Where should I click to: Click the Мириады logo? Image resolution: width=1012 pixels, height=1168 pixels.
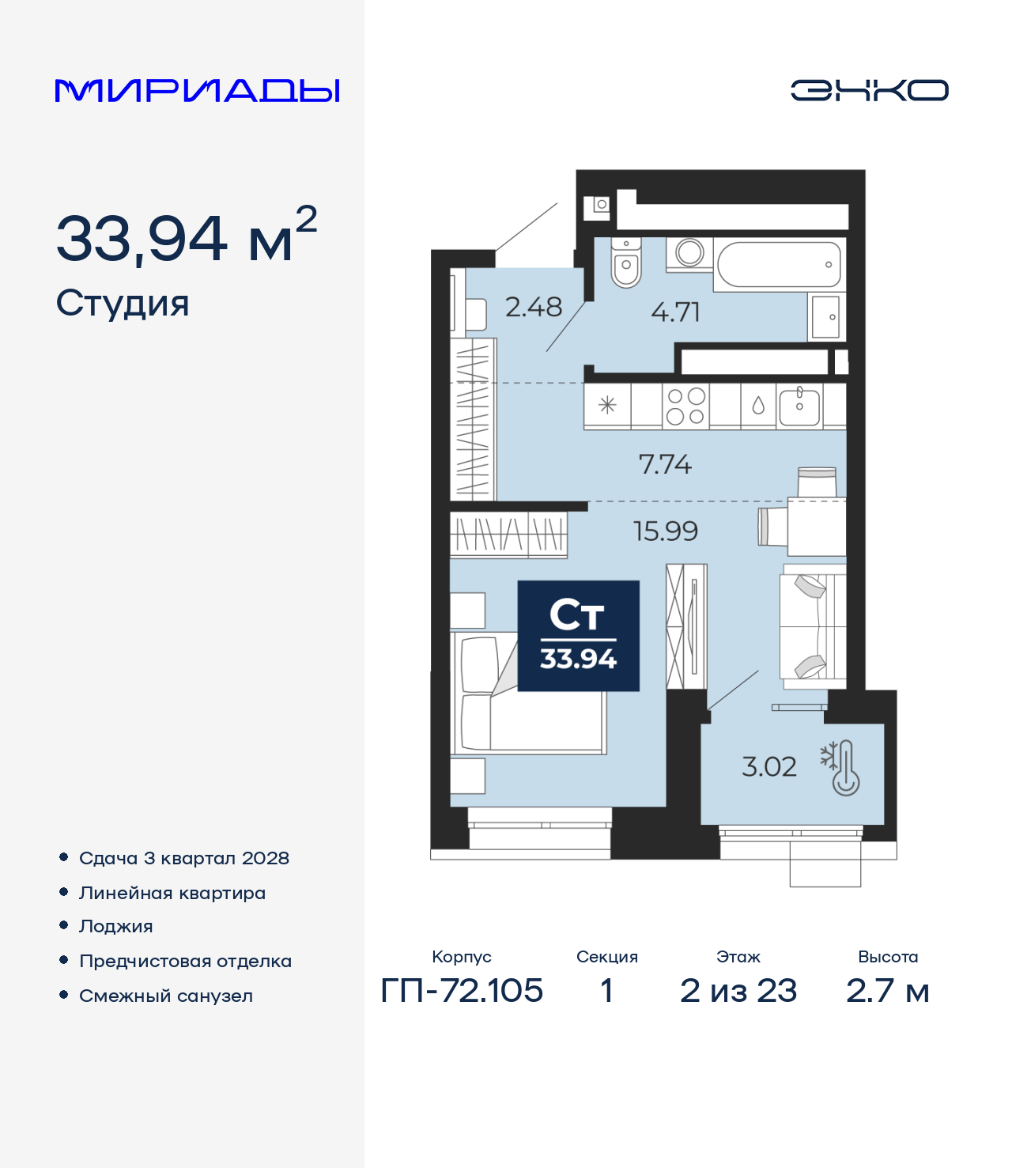coord(198,91)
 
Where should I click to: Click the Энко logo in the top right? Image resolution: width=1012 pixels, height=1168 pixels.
coord(869,90)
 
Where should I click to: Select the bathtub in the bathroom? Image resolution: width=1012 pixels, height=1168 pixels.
coord(778,265)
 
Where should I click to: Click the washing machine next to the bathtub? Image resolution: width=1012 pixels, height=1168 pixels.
coord(689,253)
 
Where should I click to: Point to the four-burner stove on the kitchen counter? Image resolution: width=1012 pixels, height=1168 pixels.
coord(685,406)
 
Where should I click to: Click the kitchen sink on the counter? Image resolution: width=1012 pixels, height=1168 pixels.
coord(799,406)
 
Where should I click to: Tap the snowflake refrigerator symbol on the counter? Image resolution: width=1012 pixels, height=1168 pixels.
coord(607,406)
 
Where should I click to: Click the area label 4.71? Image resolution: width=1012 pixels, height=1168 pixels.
coord(676,312)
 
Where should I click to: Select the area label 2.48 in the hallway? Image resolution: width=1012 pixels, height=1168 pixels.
coord(534,307)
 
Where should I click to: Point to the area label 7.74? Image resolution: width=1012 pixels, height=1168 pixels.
coord(665,464)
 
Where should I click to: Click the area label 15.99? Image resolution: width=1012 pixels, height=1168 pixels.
coord(666,531)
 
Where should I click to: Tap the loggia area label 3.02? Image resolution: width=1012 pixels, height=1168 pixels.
coord(768,766)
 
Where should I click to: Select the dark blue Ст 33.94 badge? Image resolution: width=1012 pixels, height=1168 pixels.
coord(578,636)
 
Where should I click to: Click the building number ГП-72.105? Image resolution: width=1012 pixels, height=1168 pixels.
coord(462,990)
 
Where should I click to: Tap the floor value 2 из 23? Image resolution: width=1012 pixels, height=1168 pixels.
coord(738,990)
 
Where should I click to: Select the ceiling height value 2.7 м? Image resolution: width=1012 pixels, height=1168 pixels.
coord(888,990)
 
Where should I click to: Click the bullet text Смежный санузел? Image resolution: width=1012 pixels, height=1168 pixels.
coord(166,996)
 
